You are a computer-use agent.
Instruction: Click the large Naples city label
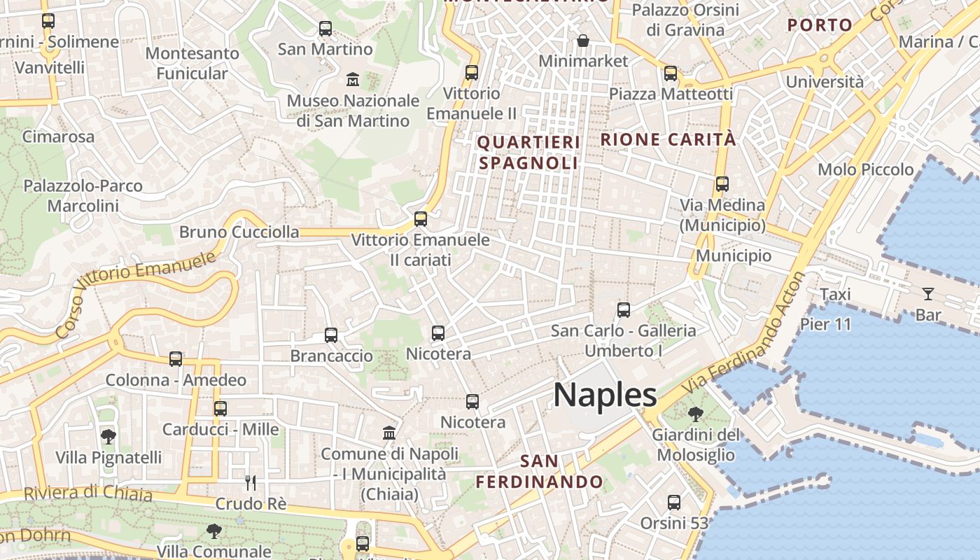coord(605,395)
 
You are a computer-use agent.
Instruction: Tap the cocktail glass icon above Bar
coord(928,294)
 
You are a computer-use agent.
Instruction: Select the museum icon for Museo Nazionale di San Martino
coord(352,79)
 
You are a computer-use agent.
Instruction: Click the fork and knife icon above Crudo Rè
coord(251,482)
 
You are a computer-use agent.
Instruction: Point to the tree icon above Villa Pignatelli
coord(108,437)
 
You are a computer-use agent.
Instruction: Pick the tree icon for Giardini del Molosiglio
coord(695,414)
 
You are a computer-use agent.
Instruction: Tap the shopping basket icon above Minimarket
coord(582,41)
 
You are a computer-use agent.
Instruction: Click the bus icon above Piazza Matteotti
coord(671,73)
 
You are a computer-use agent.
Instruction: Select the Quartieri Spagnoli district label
coord(528,153)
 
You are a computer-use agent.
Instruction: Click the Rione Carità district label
coord(668,139)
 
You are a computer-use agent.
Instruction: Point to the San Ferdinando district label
coord(540,471)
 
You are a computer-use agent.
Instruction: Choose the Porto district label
coord(820,25)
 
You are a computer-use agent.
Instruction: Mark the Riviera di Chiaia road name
coord(88,492)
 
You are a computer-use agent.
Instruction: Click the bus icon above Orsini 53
coord(673,503)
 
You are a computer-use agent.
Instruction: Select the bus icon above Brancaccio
coord(331,335)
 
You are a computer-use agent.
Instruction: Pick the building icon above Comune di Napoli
coord(389,433)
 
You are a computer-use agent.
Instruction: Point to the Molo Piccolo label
coord(865,169)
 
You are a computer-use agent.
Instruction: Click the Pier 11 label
coord(825,324)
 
